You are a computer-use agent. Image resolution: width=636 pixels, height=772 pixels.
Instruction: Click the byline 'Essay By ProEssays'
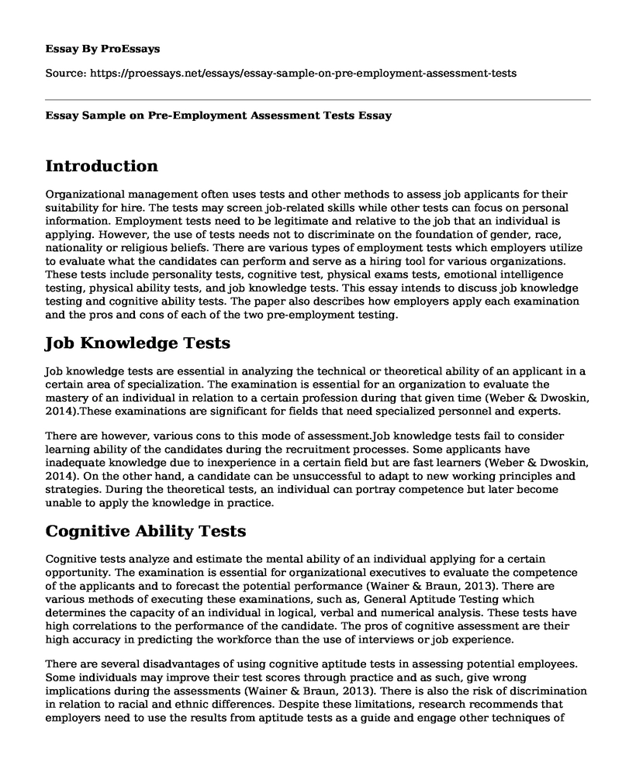[x=103, y=48]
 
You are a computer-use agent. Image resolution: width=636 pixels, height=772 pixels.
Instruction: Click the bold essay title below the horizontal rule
[x=219, y=115]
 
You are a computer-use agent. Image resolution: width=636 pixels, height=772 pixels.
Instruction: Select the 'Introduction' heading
[x=102, y=166]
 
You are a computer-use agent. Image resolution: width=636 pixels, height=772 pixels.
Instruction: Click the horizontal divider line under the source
[x=318, y=99]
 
